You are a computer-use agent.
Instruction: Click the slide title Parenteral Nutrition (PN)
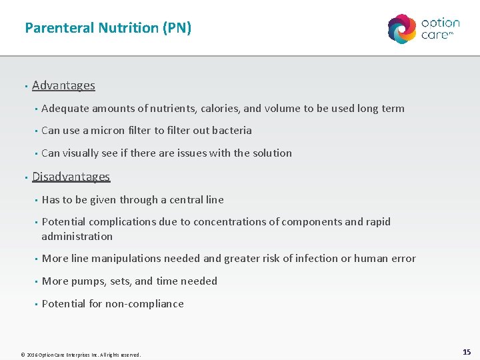click(x=108, y=28)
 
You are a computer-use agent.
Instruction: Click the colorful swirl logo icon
click(x=402, y=29)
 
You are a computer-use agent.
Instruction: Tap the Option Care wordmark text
click(x=440, y=29)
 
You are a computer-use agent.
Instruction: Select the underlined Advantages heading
click(x=63, y=85)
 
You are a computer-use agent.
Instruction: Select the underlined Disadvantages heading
click(x=71, y=177)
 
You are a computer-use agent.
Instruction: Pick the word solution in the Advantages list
click(x=272, y=153)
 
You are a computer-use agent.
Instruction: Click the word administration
click(x=77, y=237)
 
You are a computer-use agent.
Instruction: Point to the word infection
click(x=313, y=259)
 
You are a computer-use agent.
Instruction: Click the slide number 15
click(x=466, y=351)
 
